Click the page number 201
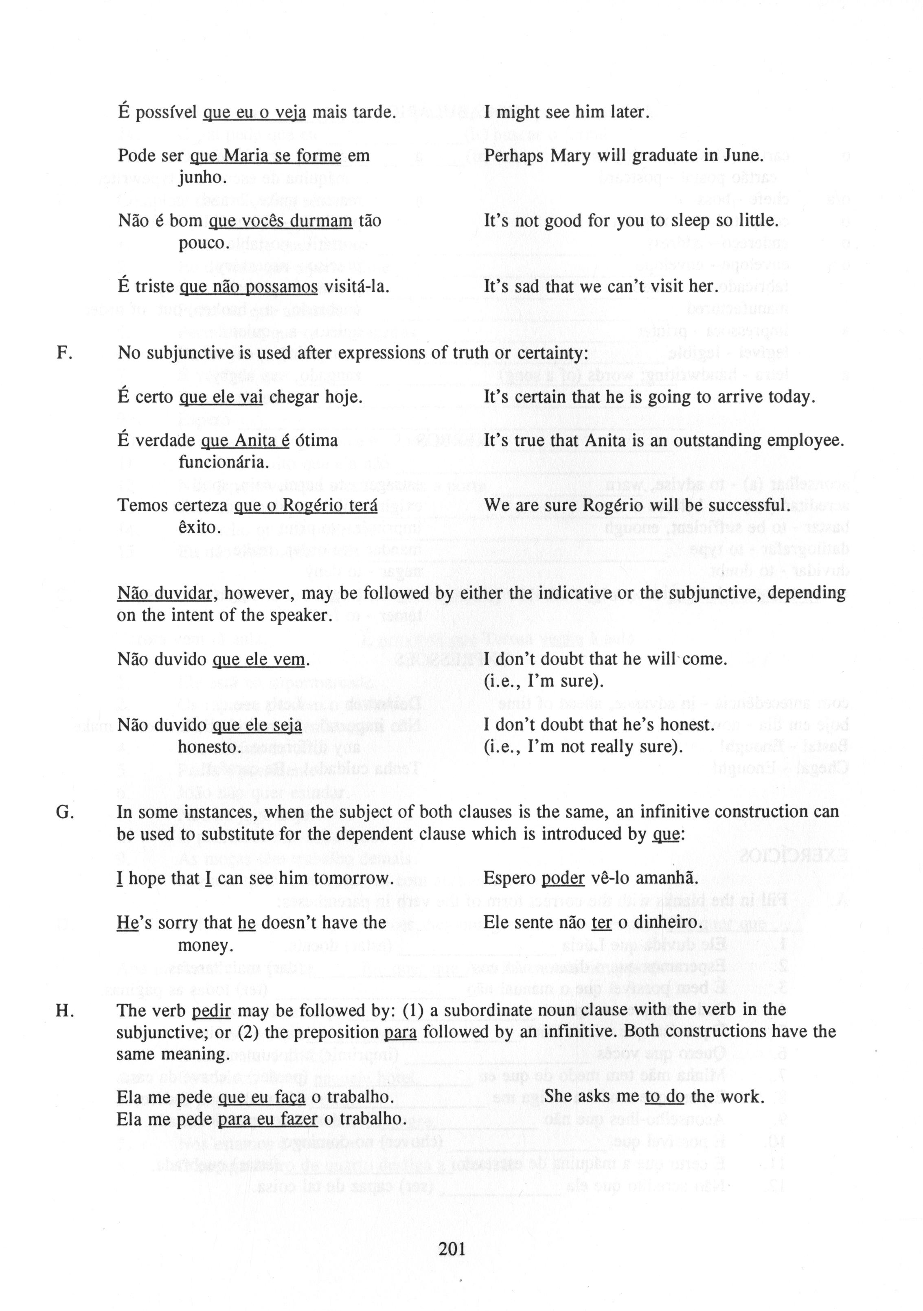[452, 1249]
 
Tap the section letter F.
[64, 353]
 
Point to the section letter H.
[64, 1011]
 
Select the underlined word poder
[563, 879]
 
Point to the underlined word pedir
[211, 1011]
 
